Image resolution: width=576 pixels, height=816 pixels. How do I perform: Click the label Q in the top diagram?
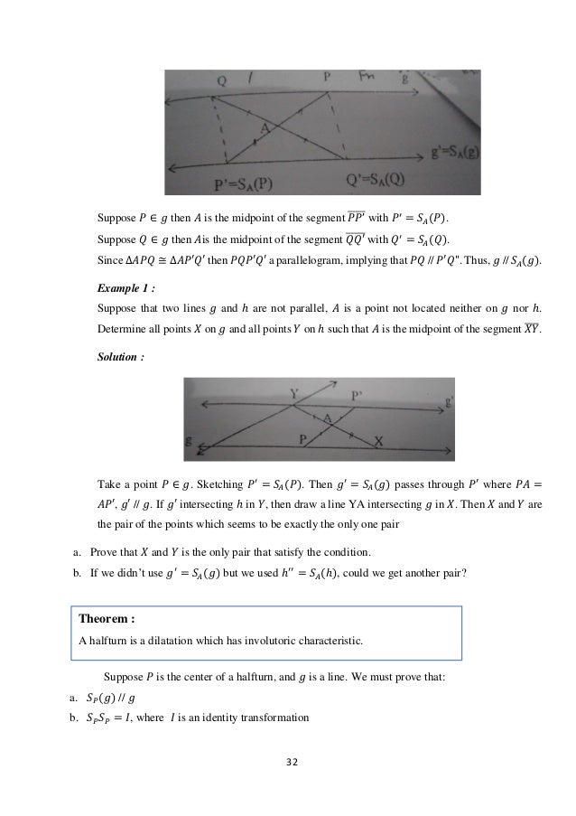(222, 80)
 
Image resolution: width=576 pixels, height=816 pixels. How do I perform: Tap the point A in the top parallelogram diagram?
(265, 128)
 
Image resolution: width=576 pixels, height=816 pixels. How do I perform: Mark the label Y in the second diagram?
(293, 394)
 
